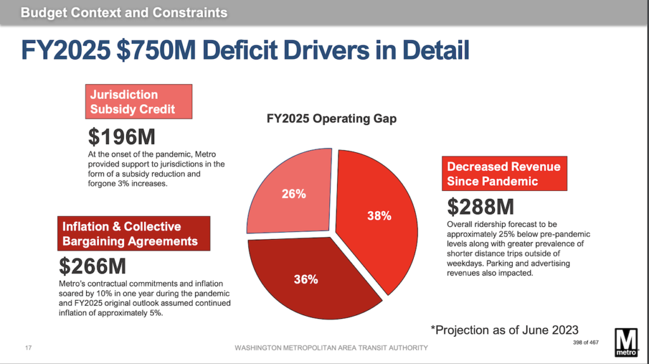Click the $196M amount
pos(120,136)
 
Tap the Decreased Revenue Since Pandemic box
pos(504,174)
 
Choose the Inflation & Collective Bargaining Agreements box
pos(133,233)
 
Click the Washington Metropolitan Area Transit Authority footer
pos(331,348)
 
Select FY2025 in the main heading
pos(65,51)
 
